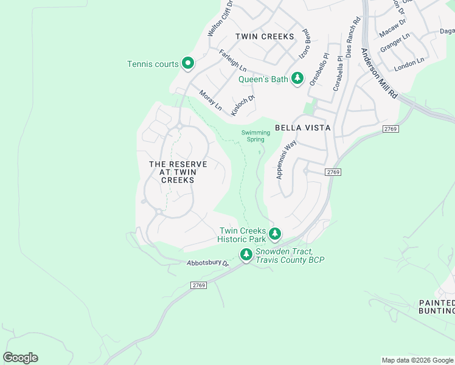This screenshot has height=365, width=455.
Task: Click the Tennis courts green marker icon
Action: (x=188, y=63)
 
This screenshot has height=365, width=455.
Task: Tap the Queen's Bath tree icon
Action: (x=297, y=78)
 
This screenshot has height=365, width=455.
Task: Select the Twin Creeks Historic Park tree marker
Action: (x=275, y=234)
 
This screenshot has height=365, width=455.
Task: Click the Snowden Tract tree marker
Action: (x=246, y=255)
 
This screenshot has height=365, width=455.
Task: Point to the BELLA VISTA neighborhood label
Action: (x=302, y=128)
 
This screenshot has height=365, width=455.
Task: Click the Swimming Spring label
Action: (x=255, y=136)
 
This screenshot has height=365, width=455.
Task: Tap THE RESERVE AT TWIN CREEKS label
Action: (x=178, y=172)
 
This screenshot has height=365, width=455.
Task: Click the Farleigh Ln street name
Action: (x=232, y=60)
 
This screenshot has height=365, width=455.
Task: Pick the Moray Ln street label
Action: (x=210, y=100)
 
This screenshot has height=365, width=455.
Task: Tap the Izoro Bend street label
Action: (x=305, y=44)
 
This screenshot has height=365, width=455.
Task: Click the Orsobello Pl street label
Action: (x=318, y=69)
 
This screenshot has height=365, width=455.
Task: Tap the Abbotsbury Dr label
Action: (x=207, y=263)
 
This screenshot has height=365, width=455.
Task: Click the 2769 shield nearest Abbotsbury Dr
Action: (x=198, y=285)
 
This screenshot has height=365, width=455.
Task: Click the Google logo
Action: (x=20, y=358)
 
